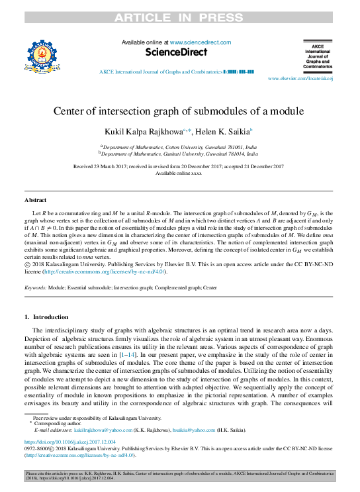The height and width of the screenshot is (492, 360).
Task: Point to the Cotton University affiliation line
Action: point(179,146)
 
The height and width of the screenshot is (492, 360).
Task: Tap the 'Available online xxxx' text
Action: point(179,173)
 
